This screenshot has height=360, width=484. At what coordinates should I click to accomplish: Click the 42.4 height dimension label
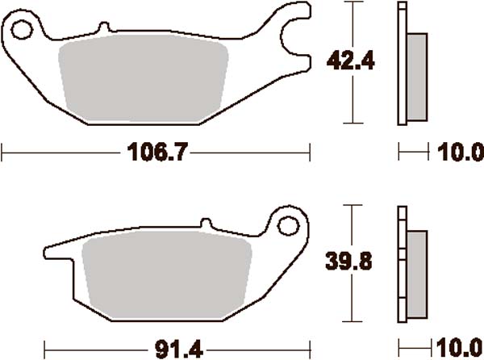click(x=343, y=59)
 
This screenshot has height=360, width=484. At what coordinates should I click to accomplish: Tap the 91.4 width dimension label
click(x=173, y=349)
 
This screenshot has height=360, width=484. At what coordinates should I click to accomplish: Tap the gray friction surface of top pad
click(x=145, y=78)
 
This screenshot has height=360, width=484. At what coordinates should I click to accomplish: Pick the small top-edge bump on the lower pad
click(x=205, y=222)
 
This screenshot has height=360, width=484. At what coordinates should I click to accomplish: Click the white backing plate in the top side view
click(x=401, y=65)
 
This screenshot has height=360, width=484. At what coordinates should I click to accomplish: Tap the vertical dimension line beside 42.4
click(x=353, y=97)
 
